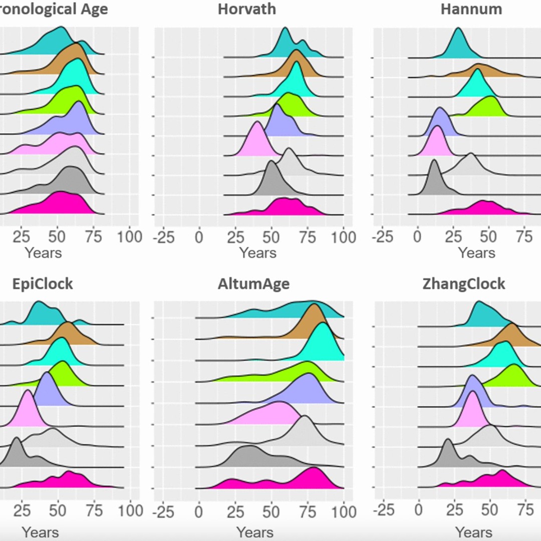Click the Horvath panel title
coord(246,9)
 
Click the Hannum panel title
coord(471,9)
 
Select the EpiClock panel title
coord(43,284)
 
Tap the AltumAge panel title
coord(253,284)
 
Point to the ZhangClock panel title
coord(463,284)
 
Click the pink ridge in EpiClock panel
coord(28,412)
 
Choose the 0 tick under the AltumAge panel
coord(199,512)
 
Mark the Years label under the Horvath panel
coord(257,253)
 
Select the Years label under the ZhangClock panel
coord(473,531)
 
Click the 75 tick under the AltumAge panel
coord(308,512)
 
